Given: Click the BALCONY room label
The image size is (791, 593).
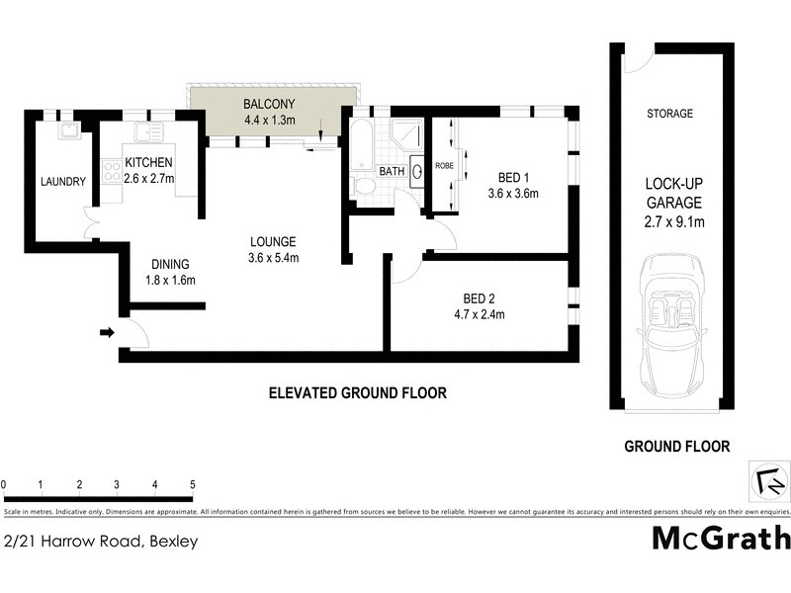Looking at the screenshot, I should pos(270,102).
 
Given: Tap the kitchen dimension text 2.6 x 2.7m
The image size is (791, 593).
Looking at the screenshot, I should pos(148,179).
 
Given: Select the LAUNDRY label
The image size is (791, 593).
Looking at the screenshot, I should pos(63,181).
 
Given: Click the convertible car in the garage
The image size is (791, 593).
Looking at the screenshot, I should pos(671,325).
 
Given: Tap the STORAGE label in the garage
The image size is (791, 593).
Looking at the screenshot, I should pos(669,114).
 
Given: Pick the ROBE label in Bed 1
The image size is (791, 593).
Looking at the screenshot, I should pos(444,166).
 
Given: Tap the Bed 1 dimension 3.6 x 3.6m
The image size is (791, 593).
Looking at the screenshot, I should pos(512,194).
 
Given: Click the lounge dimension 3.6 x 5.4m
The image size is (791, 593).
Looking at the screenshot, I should pos(274,258).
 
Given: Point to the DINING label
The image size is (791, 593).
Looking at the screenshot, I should pos(170,264).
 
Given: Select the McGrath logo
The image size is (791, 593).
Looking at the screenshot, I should pos(722,538).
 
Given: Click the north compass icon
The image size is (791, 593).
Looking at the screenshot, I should pos(768,480).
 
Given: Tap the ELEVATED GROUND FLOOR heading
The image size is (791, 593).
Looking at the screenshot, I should pos(358,392).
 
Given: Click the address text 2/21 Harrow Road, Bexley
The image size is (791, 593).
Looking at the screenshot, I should pos(101,541).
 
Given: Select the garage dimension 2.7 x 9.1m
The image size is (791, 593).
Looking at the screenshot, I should pos(674,221).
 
